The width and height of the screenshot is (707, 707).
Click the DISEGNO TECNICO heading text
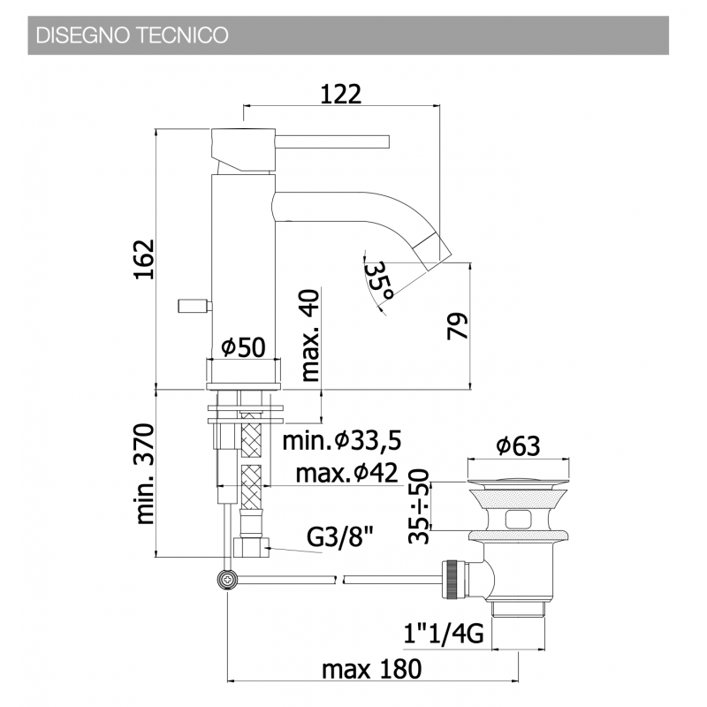coord(132,35)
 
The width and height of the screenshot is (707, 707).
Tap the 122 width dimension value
coord(341,95)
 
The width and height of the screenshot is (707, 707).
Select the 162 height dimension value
coord(145,259)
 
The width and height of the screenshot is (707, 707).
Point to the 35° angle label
coord(378,281)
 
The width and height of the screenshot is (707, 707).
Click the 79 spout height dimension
coord(457,325)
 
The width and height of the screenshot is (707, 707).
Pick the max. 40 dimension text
coord(310,336)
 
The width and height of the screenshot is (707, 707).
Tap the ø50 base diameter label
coord(243,347)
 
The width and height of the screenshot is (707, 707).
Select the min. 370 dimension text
coord(145,474)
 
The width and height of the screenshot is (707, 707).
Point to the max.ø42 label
coord(346,473)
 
